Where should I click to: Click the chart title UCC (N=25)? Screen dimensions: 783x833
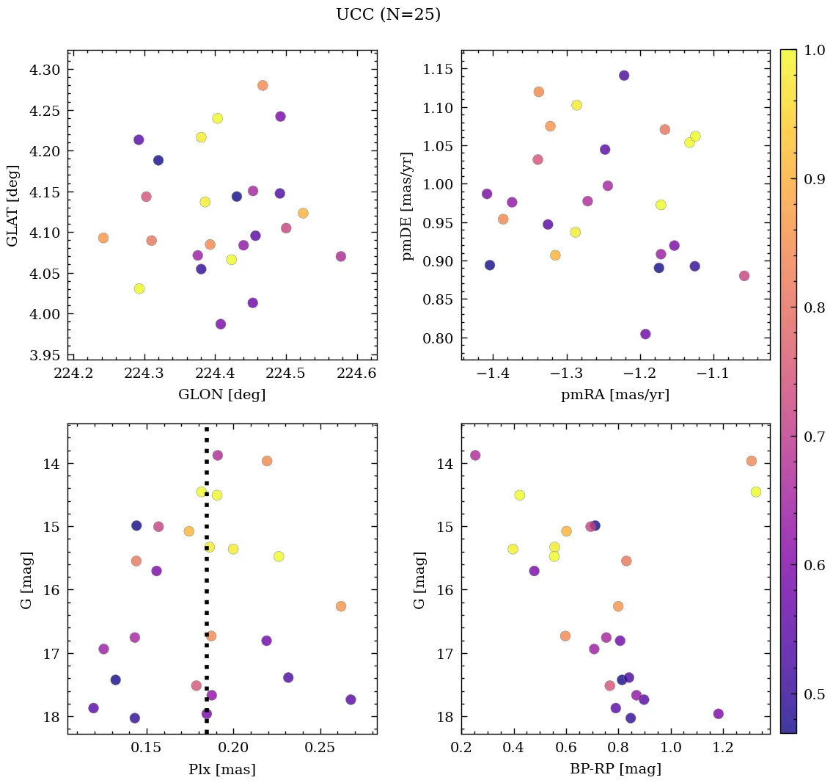(388, 15)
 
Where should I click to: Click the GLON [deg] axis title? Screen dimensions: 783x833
(222, 395)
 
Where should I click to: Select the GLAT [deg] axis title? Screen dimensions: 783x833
(12, 205)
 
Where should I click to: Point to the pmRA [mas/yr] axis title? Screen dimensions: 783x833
(615, 395)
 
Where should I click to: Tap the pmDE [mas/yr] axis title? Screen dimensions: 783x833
(408, 206)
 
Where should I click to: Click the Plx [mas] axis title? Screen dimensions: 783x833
(222, 770)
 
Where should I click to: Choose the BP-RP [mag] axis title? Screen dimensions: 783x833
(615, 770)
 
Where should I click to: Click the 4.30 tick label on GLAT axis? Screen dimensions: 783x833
(45, 70)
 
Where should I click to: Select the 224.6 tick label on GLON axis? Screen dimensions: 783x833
(357, 375)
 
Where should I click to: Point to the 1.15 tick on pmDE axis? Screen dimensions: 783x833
(438, 70)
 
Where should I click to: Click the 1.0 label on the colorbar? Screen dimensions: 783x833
(815, 51)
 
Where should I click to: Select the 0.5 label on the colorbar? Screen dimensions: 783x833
(815, 694)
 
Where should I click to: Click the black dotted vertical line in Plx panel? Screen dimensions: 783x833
(207, 587)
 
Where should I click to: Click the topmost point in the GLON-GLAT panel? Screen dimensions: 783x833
(263, 85)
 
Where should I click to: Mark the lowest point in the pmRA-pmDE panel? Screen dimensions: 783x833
(645, 334)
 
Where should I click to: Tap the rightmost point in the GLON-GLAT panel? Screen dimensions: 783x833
(340, 256)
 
